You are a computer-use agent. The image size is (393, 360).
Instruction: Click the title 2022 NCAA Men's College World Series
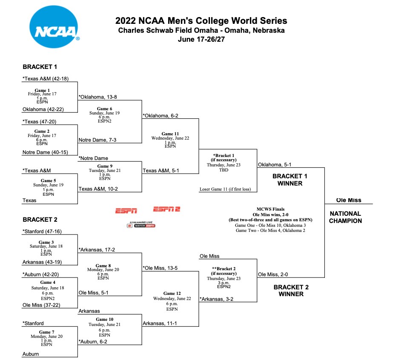pyautogui.click(x=201, y=21)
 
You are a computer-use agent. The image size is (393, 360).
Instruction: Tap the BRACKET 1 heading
pyautogui.click(x=40, y=67)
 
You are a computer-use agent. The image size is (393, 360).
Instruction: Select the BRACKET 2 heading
pyautogui.click(x=40, y=220)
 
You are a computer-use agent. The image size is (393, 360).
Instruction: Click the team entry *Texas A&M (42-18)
pyautogui.click(x=46, y=78)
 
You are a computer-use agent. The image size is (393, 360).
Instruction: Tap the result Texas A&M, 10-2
pyautogui.click(x=98, y=189)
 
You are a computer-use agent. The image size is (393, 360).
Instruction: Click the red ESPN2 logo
pyautogui.click(x=167, y=209)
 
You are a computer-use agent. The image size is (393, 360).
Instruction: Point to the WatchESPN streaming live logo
pyautogui.click(x=141, y=225)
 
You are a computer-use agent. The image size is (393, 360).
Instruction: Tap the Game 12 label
pyautogui.click(x=169, y=293)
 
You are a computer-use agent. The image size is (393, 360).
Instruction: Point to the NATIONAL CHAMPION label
pyautogui.click(x=345, y=217)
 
